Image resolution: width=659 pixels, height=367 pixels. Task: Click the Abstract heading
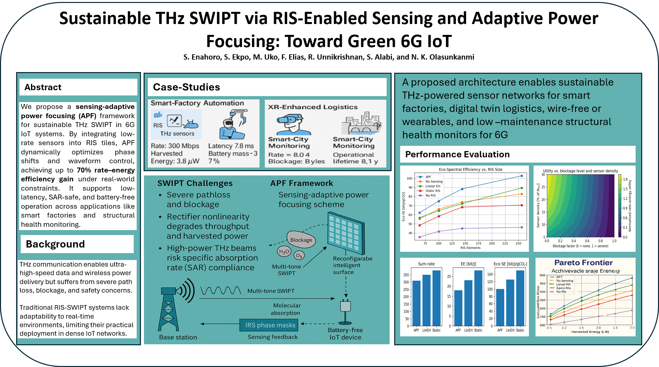coord(43,87)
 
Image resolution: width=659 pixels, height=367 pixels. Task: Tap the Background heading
coord(55,244)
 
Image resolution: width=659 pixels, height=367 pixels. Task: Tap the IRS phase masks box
coord(270,325)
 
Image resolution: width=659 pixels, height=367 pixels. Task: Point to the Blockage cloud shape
coord(301,240)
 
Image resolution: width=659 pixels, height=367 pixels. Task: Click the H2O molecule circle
coord(284,252)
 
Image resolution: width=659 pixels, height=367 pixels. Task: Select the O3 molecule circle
coord(299,255)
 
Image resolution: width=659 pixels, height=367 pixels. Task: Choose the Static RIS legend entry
coord(432,191)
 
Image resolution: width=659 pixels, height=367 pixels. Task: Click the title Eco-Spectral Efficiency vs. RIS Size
coord(470,170)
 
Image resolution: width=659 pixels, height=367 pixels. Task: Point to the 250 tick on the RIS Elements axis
coord(518,244)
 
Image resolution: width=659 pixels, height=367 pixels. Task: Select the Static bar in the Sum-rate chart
coord(436,298)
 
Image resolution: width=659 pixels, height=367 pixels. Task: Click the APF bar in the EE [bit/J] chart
coord(458,308)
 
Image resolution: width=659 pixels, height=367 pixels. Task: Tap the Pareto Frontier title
coord(583,263)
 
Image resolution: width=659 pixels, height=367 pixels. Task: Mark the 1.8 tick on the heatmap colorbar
coord(625,179)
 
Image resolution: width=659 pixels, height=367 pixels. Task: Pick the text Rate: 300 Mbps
coord(175,146)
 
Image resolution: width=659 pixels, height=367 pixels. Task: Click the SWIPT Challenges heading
coord(195,183)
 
